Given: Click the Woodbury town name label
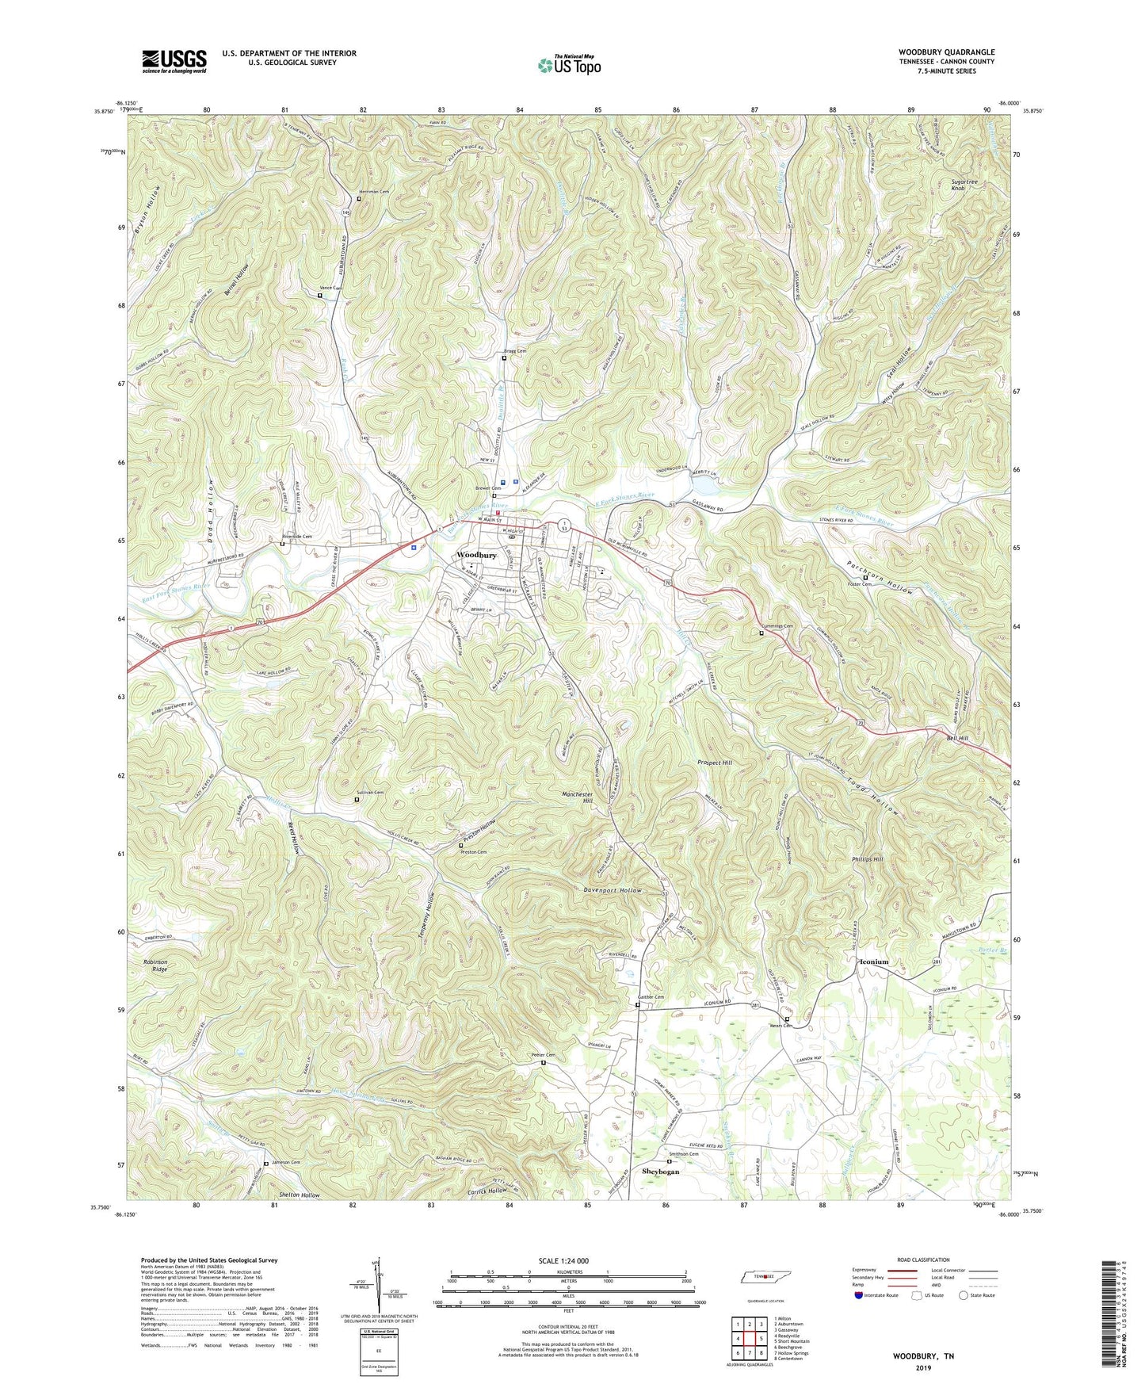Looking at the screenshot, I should (x=476, y=555).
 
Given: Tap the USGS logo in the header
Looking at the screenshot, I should (x=174, y=61).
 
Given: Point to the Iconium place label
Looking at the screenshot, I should (x=874, y=962).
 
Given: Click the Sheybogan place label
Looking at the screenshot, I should (x=661, y=1172).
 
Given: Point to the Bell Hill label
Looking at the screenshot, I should (x=957, y=738).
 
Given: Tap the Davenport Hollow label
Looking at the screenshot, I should (x=608, y=890).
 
